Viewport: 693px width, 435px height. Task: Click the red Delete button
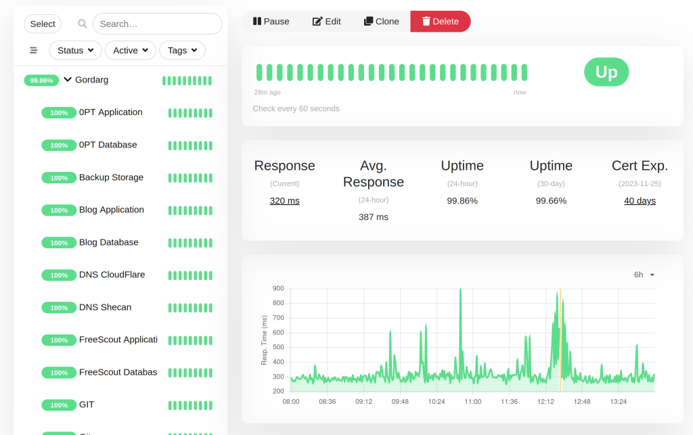pos(440,21)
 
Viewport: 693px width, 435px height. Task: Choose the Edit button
pos(327,21)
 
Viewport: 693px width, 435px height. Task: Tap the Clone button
pos(382,21)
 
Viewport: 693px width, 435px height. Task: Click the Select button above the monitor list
pos(43,24)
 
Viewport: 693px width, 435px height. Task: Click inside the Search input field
pos(157,24)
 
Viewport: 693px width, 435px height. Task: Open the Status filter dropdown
pos(76,50)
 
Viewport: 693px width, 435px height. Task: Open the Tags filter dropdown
pos(182,50)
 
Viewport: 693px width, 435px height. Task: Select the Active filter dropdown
pos(131,50)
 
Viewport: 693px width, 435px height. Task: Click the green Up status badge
pos(606,72)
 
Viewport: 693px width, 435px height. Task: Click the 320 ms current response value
pos(285,200)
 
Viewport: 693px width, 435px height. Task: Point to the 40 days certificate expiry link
pos(640,200)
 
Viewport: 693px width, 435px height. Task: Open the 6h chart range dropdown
pos(644,275)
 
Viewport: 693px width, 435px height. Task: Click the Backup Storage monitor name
pos(112,177)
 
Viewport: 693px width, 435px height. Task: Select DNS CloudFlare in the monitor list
pos(112,274)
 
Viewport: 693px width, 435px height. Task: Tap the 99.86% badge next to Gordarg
pos(41,81)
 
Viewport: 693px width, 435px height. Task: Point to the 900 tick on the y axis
pos(278,288)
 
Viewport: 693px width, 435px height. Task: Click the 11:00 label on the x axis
pos(473,401)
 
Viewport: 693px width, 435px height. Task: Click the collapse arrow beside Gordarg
pos(68,80)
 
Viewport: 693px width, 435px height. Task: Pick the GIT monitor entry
pos(87,405)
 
